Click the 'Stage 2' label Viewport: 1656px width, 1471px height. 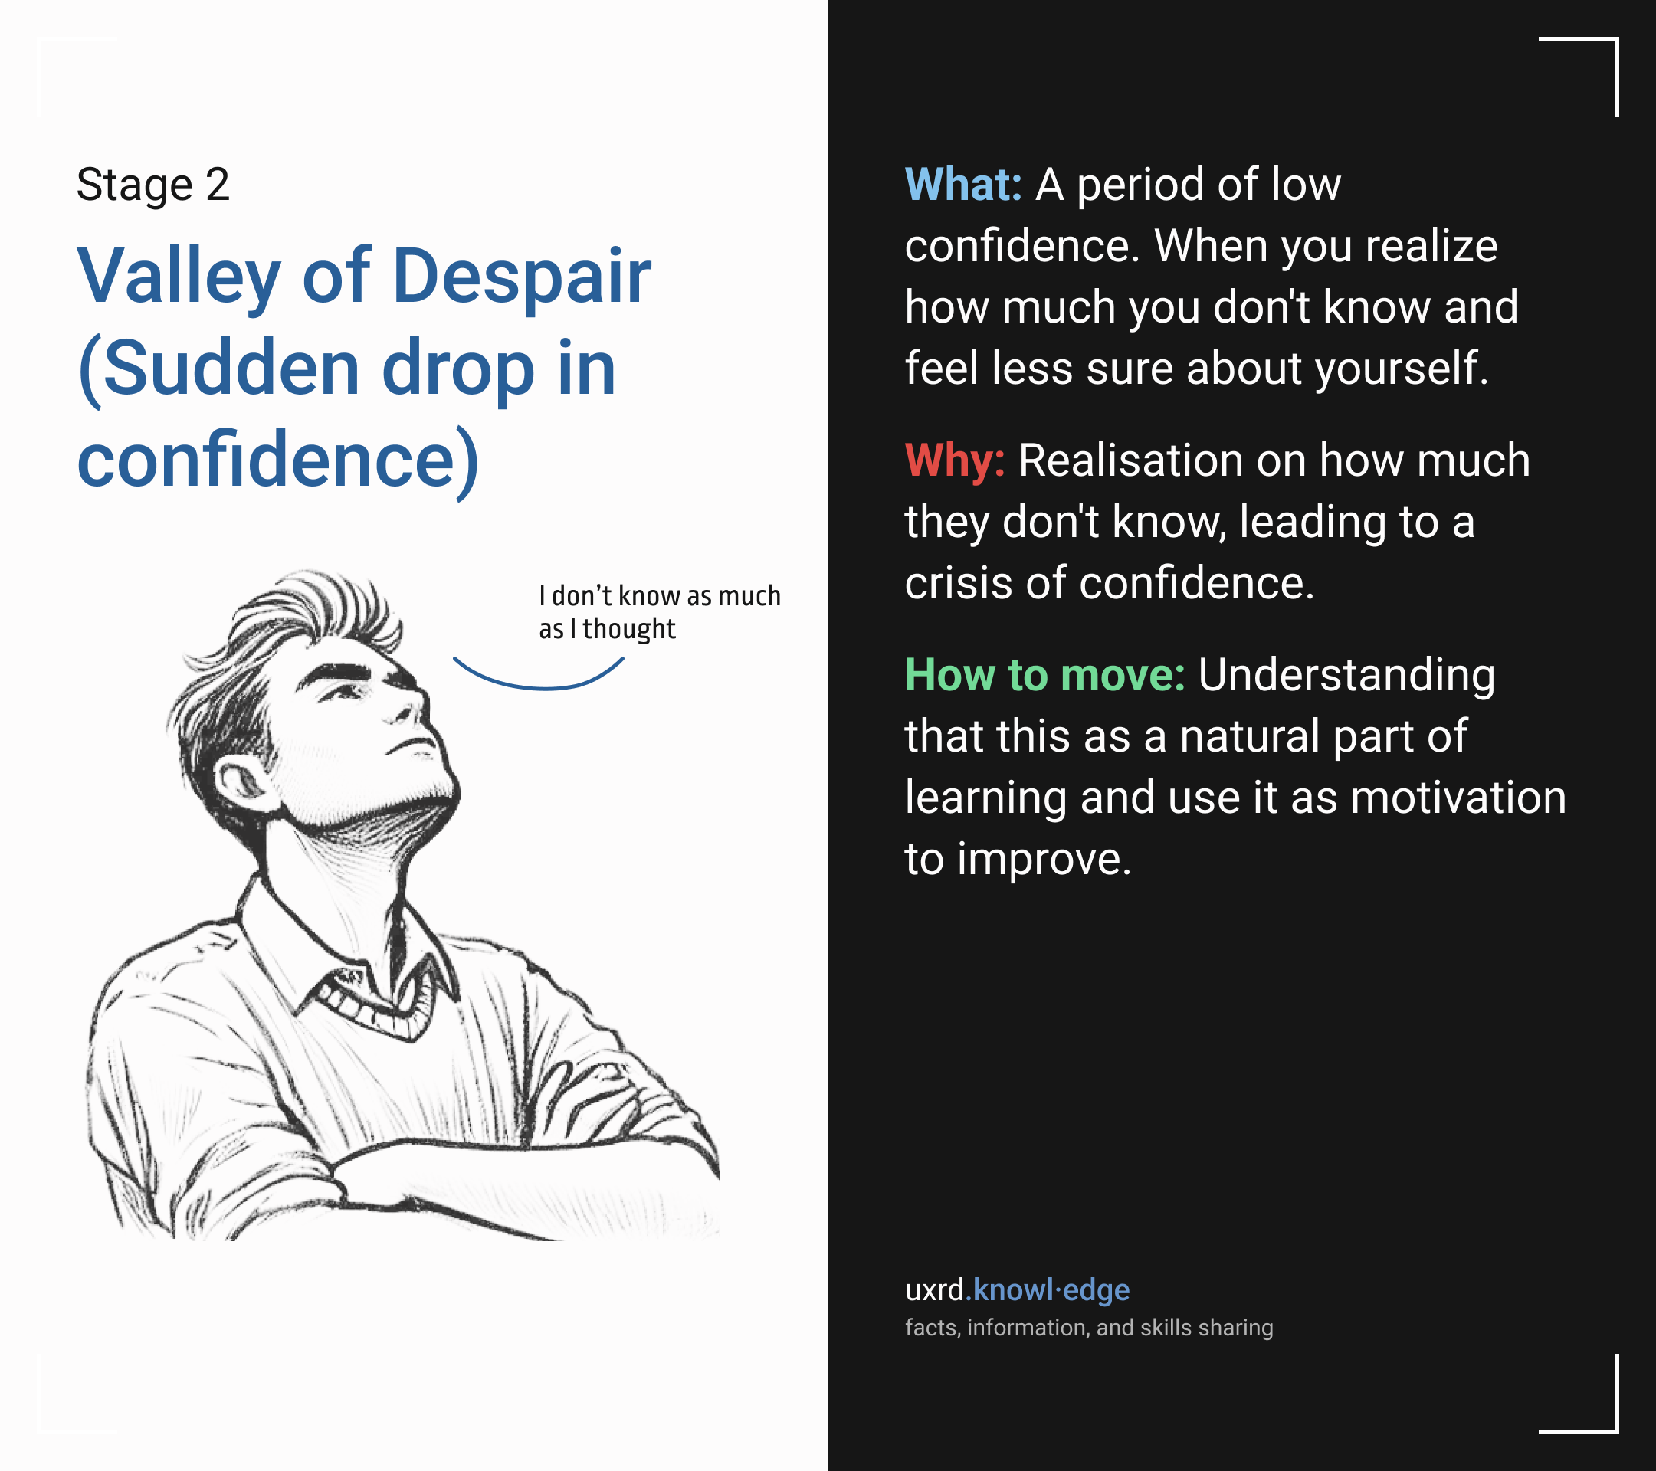[153, 185]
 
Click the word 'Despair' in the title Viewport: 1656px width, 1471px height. [522, 277]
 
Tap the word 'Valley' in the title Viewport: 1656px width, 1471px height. [179, 278]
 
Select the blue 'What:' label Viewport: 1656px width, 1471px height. [963, 185]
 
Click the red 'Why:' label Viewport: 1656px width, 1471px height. [955, 462]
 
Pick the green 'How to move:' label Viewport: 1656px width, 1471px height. [1045, 675]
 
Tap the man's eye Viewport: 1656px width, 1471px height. [345, 692]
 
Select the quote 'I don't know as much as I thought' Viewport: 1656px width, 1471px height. [660, 612]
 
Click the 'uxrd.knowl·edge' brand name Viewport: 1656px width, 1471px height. [1017, 1289]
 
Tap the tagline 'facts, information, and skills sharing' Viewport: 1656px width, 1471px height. [1089, 1328]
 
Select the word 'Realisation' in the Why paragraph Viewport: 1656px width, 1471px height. [1130, 461]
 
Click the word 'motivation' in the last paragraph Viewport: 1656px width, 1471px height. [1458, 797]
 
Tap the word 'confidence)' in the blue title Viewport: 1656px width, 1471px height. [278, 461]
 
